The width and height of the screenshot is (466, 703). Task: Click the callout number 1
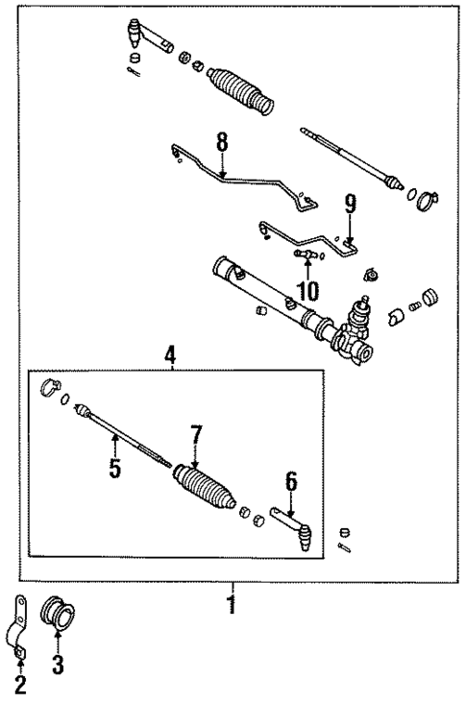[230, 607]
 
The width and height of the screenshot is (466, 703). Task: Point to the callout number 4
[170, 355]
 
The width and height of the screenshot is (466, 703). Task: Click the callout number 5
[114, 472]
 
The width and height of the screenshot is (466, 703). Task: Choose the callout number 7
[196, 435]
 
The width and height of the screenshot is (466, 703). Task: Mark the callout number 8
[222, 142]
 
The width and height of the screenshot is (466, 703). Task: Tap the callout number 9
[350, 204]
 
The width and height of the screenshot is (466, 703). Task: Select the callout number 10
[307, 290]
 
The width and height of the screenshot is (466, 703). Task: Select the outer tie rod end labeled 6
[293, 527]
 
